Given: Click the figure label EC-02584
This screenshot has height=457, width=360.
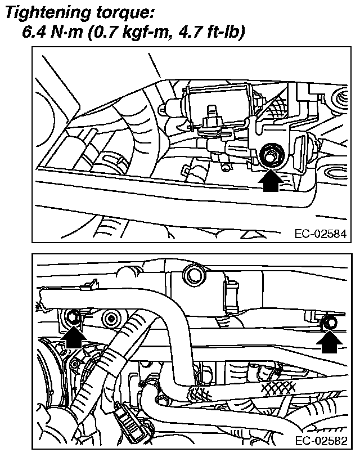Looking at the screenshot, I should pos(319,234).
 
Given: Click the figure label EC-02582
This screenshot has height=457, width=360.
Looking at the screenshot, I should pos(319,440).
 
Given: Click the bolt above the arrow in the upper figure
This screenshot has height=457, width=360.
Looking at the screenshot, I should pos(269,154).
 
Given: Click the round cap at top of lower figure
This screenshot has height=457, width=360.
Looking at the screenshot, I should pos(195,275).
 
